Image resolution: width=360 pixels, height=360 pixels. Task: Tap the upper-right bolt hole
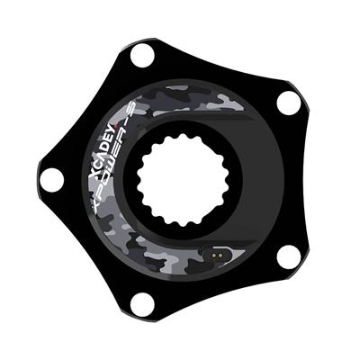(x=289, y=103)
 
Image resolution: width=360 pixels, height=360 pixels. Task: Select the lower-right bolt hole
(x=289, y=257)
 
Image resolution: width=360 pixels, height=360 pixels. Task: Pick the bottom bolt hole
(x=143, y=302)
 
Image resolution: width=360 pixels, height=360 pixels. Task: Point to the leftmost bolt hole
(x=51, y=180)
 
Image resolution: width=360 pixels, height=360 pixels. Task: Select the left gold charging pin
(x=213, y=255)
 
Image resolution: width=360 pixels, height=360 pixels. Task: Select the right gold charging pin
(x=220, y=255)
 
